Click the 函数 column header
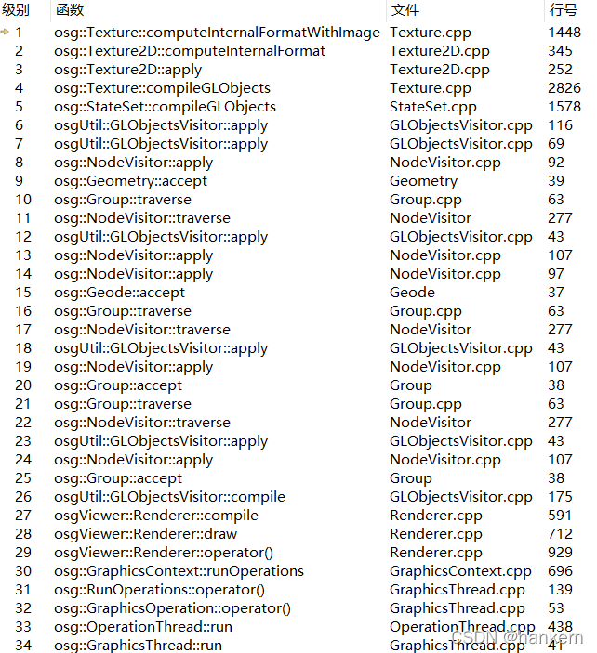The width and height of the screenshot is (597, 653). point(70,10)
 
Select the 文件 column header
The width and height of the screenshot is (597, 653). point(405,10)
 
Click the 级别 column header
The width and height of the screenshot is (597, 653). point(17,10)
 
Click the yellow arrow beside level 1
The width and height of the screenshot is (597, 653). point(6,33)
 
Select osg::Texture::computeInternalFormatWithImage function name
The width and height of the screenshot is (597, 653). point(217,33)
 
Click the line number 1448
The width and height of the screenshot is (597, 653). point(564,33)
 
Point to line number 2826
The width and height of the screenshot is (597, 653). point(564,88)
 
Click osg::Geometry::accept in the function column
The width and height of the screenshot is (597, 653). point(130,181)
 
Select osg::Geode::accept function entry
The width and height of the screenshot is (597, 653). point(119,293)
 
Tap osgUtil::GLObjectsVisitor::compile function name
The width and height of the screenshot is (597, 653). point(169,497)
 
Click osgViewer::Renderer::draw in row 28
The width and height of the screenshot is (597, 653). point(145,534)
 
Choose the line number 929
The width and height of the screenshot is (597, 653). point(561,553)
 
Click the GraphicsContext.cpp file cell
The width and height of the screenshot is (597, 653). point(460,571)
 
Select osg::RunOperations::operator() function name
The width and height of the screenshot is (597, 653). point(159,590)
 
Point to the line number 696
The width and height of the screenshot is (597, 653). point(561,571)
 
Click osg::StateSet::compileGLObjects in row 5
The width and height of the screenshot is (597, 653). point(165,107)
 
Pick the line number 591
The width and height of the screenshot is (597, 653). point(561,516)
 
